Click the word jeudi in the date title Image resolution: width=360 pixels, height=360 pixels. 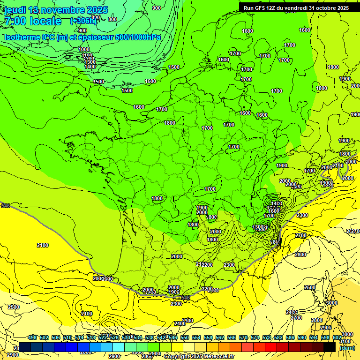tap(15, 10)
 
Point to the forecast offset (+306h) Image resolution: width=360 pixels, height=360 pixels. tap(83, 21)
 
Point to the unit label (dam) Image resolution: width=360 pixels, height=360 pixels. tap(347, 348)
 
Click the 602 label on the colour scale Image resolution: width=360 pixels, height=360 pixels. tap(337, 337)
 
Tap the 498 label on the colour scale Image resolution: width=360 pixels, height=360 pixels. tap(32, 337)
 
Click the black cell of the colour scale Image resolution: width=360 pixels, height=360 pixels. tap(330, 347)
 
